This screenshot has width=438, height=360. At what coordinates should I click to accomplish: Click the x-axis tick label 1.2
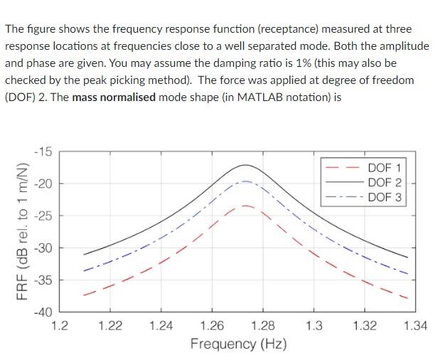pos(60,326)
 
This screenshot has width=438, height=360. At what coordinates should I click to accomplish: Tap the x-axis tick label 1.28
pos(263,326)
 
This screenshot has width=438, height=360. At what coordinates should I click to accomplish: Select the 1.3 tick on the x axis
pos(314,326)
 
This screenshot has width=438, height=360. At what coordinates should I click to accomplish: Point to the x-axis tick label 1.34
pos(415,326)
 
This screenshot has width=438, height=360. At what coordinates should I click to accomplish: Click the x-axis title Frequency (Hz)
pos(238,344)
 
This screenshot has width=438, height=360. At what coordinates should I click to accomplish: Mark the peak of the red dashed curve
pos(245,206)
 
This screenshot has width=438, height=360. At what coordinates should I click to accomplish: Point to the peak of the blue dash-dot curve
pos(245,181)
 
